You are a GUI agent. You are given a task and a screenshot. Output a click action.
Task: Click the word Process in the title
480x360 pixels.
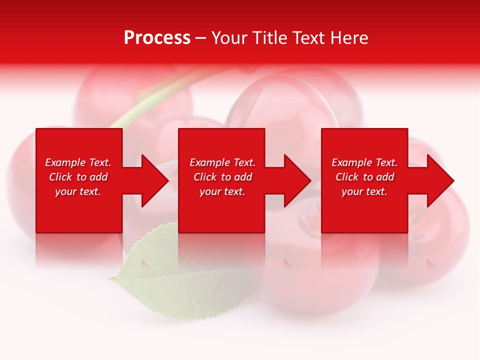[157, 38]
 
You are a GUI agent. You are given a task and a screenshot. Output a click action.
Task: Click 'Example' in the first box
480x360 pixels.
[65, 162]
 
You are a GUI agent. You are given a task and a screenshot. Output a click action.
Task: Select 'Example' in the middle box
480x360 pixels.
[210, 162]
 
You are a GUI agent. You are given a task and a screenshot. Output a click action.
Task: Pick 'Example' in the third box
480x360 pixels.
[352, 162]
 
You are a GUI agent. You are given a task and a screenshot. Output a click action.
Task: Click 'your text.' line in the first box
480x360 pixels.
[78, 191]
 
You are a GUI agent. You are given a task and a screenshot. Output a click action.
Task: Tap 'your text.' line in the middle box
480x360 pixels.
[222, 191]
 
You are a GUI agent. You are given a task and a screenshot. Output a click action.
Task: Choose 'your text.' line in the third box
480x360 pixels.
[364, 191]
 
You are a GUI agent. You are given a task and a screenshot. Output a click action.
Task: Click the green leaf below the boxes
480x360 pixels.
[165, 270]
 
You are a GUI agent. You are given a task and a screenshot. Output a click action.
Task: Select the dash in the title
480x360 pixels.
[200, 38]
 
